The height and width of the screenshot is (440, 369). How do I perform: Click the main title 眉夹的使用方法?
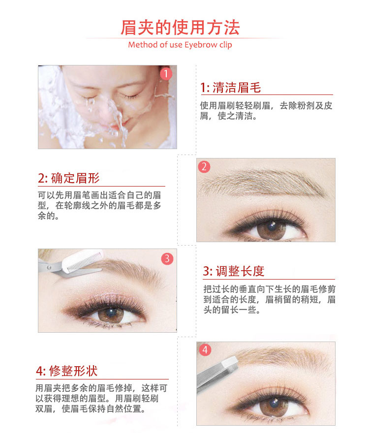click(x=180, y=28)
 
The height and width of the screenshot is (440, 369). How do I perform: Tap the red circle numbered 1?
click(x=166, y=74)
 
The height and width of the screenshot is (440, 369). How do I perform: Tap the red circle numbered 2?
click(x=204, y=167)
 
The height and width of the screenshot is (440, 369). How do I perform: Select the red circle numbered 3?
click(x=167, y=258)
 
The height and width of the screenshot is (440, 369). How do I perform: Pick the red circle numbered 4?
click(x=205, y=350)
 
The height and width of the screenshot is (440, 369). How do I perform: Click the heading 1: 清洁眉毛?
click(x=230, y=88)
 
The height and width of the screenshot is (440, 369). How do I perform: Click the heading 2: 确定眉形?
click(x=69, y=178)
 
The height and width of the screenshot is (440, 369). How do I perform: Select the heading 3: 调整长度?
click(x=234, y=271)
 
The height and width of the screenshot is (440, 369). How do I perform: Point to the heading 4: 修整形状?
click(x=67, y=371)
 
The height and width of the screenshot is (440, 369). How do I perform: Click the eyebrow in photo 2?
click(x=262, y=183)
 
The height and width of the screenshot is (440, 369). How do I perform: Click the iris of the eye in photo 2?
click(x=272, y=229)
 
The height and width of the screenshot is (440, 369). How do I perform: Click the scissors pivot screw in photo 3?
click(x=49, y=268)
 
